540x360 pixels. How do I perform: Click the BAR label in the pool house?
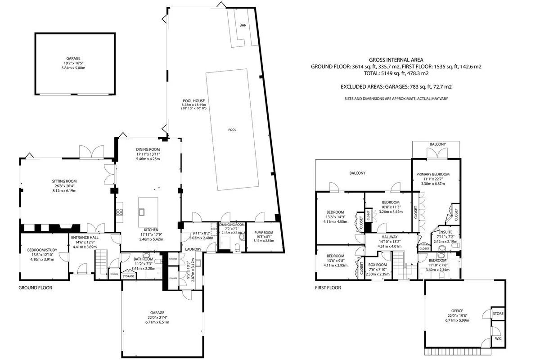(x=243, y=25)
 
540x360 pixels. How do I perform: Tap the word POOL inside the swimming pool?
(x=232, y=130)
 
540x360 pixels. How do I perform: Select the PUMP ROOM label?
(x=264, y=233)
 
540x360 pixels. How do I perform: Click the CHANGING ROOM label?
(x=232, y=225)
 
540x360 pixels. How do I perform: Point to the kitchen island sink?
(x=141, y=212)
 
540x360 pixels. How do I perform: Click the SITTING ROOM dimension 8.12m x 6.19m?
(x=64, y=191)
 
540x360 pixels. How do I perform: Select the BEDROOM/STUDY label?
(x=42, y=250)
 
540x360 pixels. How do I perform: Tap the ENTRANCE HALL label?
(x=85, y=238)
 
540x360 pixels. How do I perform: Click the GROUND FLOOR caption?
(x=35, y=288)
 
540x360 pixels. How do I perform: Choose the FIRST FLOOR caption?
(x=328, y=288)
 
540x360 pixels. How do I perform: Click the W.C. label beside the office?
(x=499, y=338)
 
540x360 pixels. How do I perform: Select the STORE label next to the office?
(x=498, y=314)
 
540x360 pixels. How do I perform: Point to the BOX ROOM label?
(x=378, y=265)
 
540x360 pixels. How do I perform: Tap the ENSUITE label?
(x=445, y=232)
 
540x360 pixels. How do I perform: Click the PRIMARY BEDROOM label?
(x=433, y=174)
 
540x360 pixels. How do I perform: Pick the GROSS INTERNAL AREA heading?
(x=396, y=60)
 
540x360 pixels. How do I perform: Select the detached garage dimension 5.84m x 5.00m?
(x=73, y=68)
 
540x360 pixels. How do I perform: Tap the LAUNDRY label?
(x=193, y=249)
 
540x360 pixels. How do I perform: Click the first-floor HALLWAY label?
(x=390, y=237)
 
